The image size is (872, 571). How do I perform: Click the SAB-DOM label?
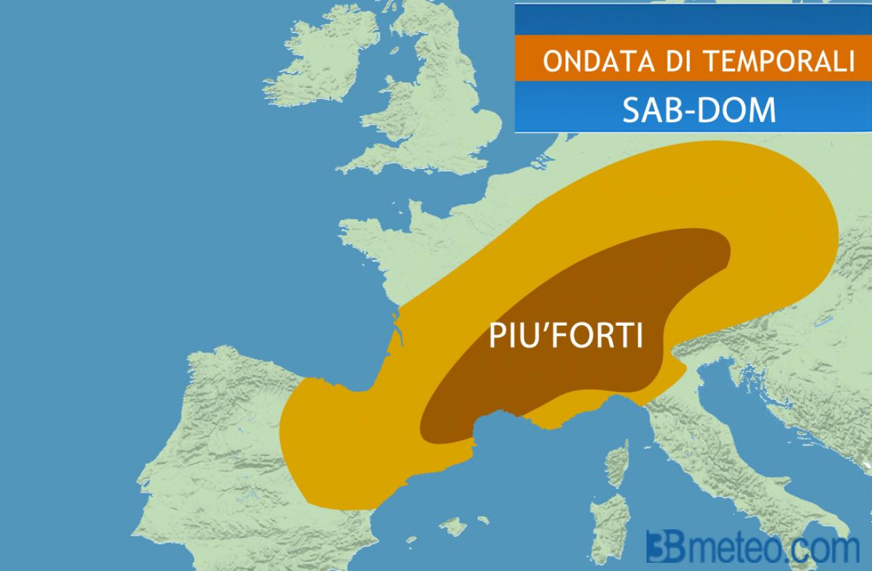(699, 109)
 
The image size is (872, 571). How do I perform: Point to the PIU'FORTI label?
(566, 335)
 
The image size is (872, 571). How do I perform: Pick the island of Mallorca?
(452, 526)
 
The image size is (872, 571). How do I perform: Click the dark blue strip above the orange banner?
(692, 18)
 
